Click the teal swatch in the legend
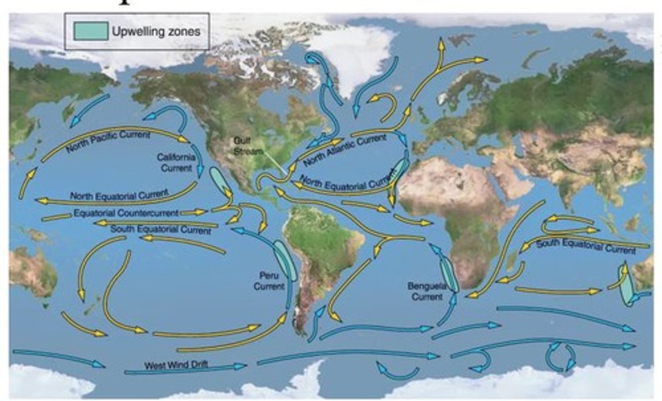click(x=91, y=31)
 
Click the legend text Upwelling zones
click(x=156, y=31)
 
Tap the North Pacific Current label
click(x=108, y=141)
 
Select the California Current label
click(x=176, y=162)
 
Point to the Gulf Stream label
click(x=247, y=146)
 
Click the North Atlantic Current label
click(x=345, y=150)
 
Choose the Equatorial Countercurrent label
click(x=126, y=213)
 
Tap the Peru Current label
click(x=269, y=281)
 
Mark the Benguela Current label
click(x=427, y=292)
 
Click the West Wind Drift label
click(x=176, y=365)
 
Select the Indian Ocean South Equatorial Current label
click(x=586, y=246)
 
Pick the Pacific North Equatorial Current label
click(x=119, y=195)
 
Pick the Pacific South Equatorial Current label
click(x=160, y=229)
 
